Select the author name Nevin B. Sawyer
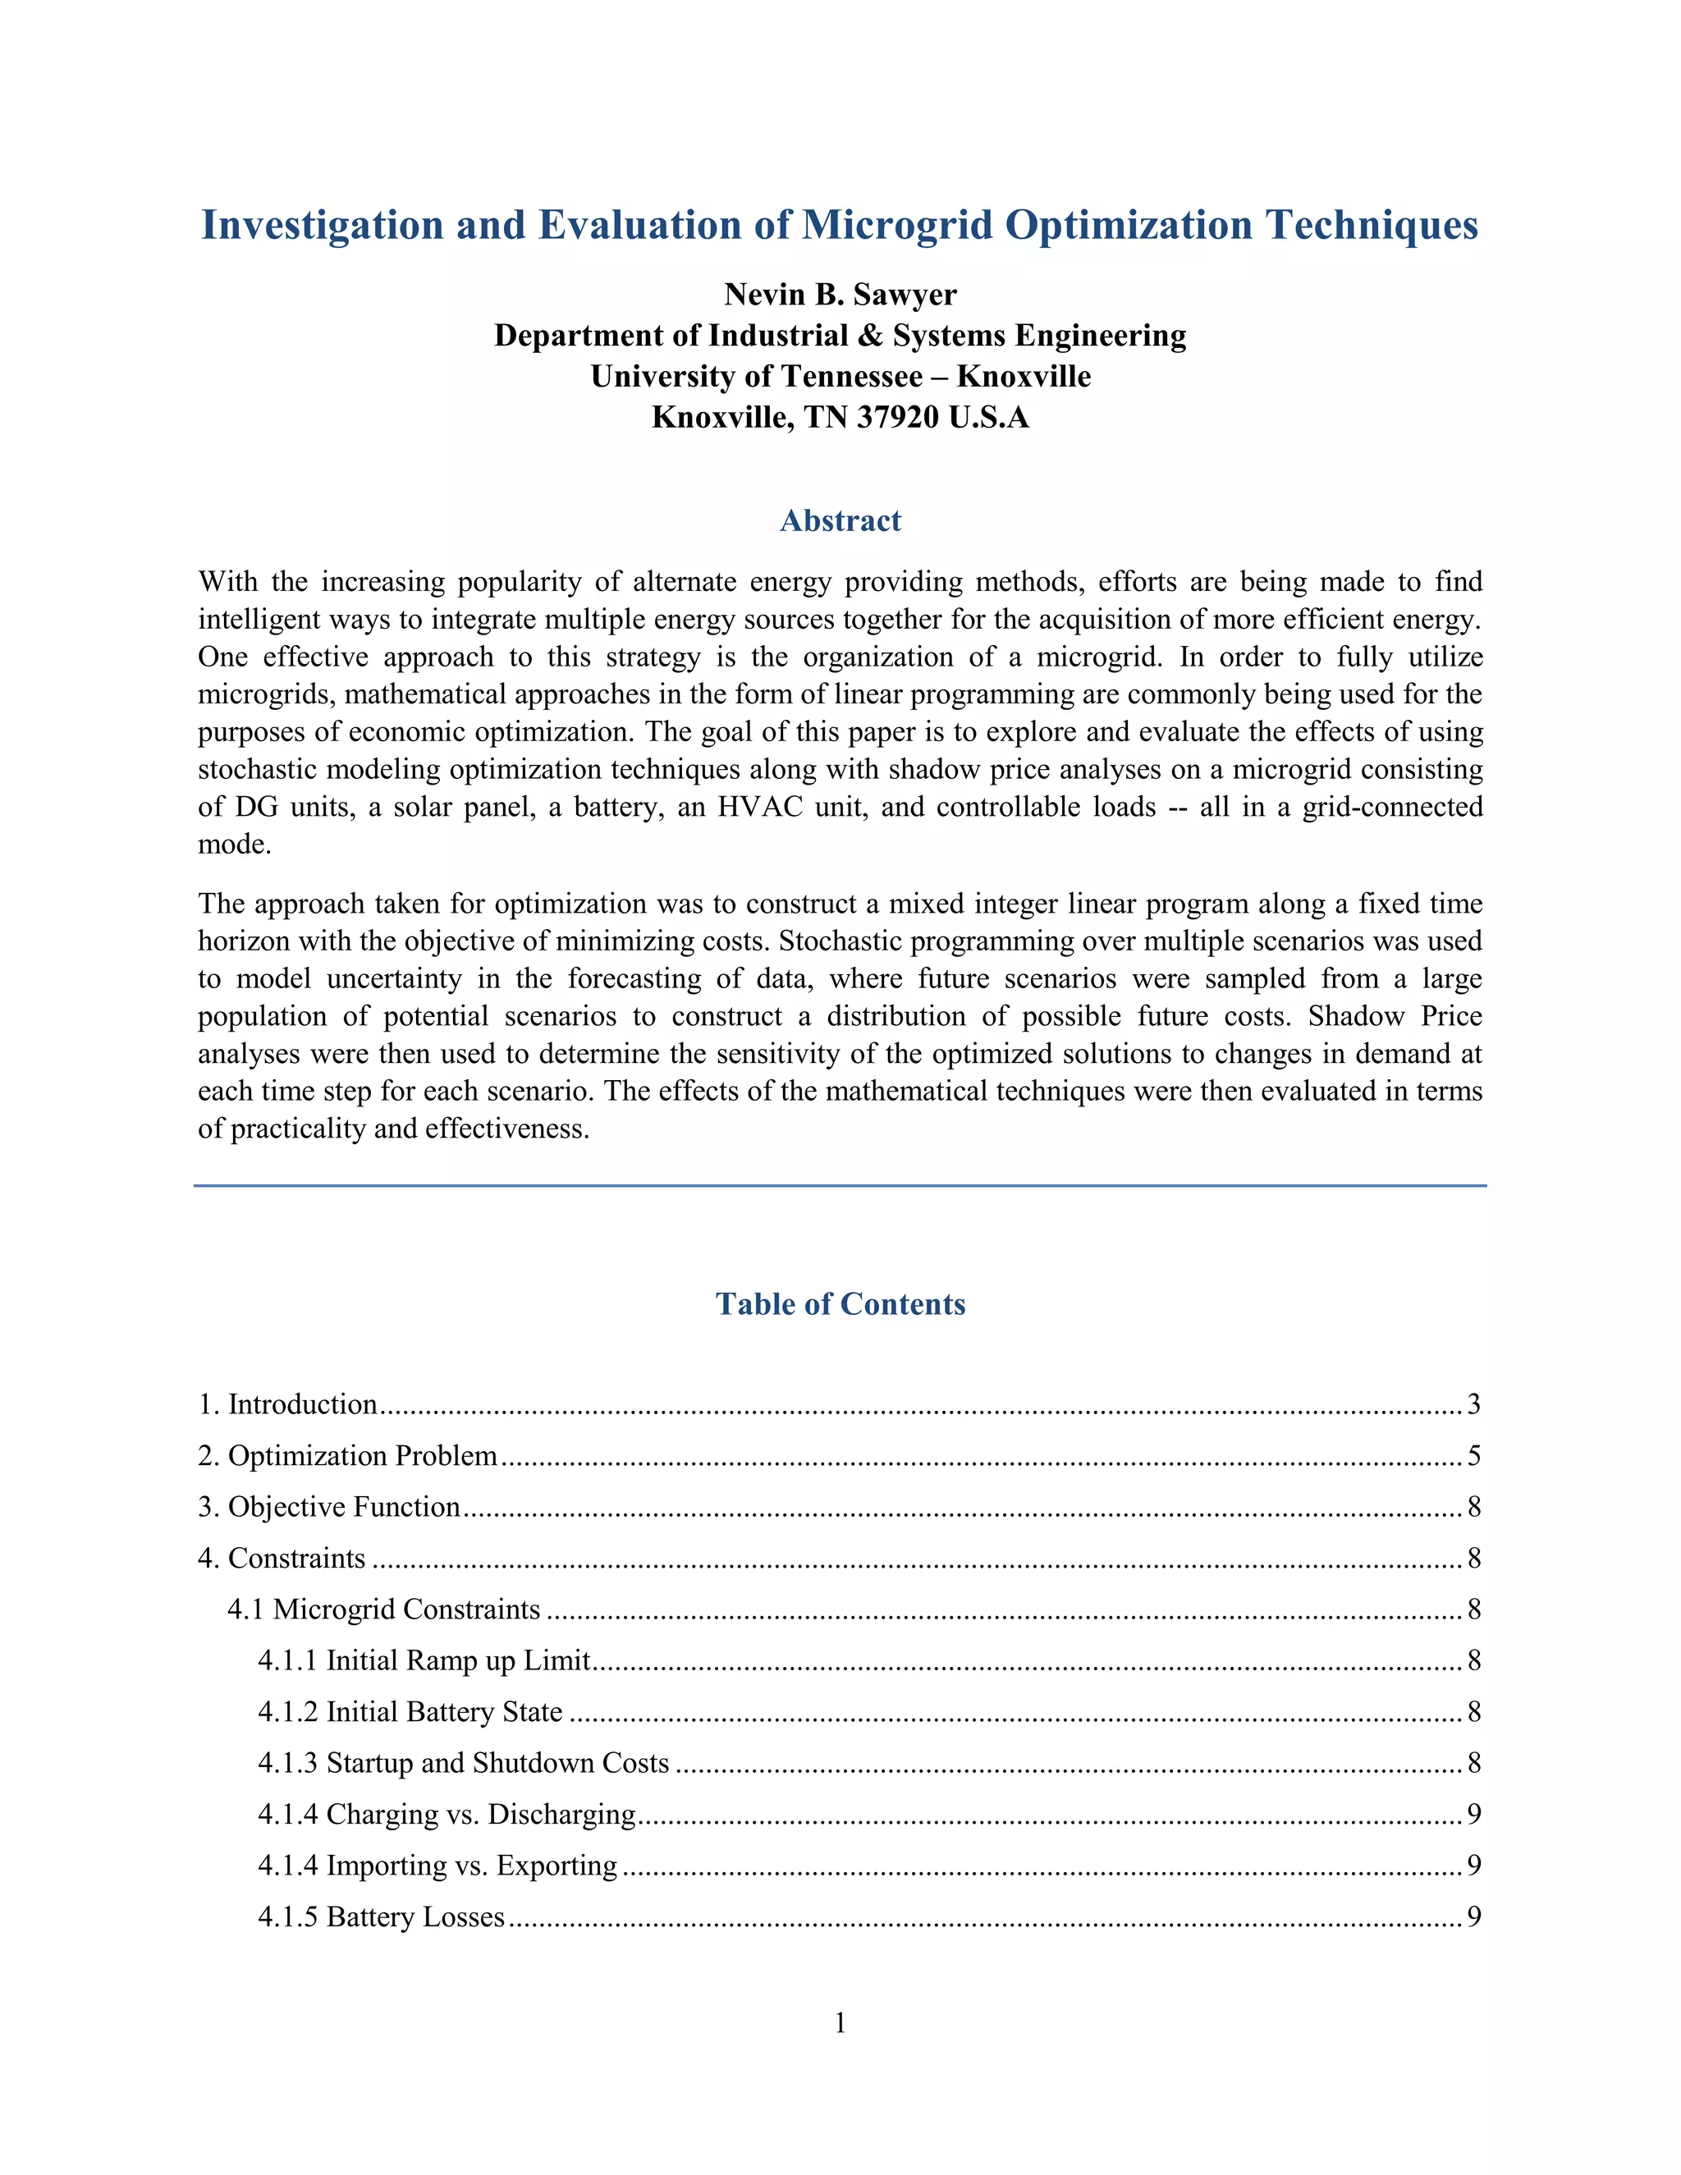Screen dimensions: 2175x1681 pos(840,295)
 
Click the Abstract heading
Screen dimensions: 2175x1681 pos(840,521)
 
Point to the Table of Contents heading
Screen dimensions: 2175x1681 pos(840,1305)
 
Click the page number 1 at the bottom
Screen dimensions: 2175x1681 pos(840,2022)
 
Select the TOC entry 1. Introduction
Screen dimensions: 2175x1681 pos(288,1404)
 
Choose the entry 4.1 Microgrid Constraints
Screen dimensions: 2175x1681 pos(383,1609)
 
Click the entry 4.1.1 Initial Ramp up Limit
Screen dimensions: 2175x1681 pos(424,1660)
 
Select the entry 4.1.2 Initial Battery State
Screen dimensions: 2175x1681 pos(410,1712)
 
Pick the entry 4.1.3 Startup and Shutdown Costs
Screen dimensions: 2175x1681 pos(463,1763)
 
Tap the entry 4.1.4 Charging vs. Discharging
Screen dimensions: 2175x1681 pos(447,1815)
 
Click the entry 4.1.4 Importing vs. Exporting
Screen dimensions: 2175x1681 pos(437,1866)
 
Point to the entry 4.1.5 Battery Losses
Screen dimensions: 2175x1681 pos(382,1917)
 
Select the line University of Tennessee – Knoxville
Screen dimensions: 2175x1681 pos(840,377)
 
